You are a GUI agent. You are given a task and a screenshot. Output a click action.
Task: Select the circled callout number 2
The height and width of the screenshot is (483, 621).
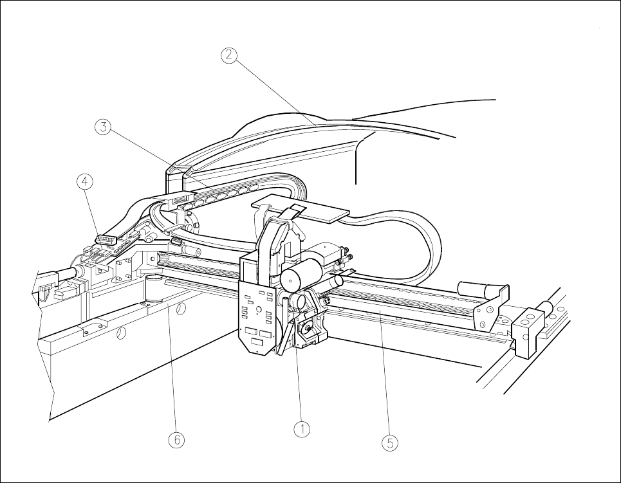(x=229, y=56)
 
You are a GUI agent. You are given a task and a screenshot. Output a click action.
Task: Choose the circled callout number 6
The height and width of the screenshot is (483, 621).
(x=176, y=440)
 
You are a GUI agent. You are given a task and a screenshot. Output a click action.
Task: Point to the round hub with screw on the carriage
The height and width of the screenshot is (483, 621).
(x=309, y=329)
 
